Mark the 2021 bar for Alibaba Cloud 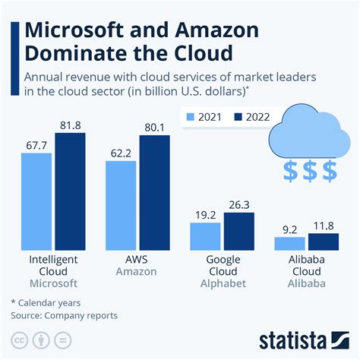point(289,244)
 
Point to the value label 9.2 point(289,229)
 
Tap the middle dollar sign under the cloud point(310,171)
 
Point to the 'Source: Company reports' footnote point(64,314)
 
